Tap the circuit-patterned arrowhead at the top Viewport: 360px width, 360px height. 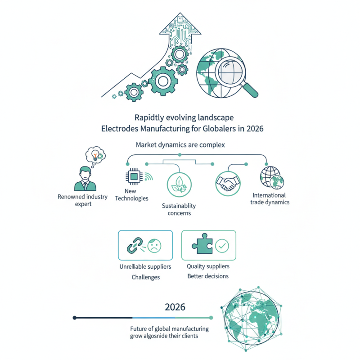[x=180, y=25]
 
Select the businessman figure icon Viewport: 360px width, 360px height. [x=85, y=179]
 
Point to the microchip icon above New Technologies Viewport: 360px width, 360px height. [x=134, y=177]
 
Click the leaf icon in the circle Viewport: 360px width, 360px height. [x=179, y=184]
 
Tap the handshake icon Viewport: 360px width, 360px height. [x=228, y=184]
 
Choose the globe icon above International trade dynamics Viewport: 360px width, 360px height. [x=272, y=178]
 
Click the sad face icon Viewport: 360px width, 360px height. [x=154, y=246]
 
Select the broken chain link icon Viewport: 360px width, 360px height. [x=135, y=245]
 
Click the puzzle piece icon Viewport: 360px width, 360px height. [x=202, y=243]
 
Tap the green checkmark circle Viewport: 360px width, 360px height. [x=222, y=246]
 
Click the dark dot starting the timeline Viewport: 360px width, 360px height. [x=74, y=318]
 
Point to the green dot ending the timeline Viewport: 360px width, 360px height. [x=211, y=318]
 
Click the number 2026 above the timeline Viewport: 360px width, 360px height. [x=175, y=307]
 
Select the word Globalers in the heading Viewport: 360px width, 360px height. [x=219, y=128]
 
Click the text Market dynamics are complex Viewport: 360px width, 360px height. [x=180, y=145]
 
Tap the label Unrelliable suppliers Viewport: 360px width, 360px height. [x=145, y=266]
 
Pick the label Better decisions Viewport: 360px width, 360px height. [x=208, y=276]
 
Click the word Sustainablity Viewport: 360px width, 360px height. [x=179, y=206]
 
